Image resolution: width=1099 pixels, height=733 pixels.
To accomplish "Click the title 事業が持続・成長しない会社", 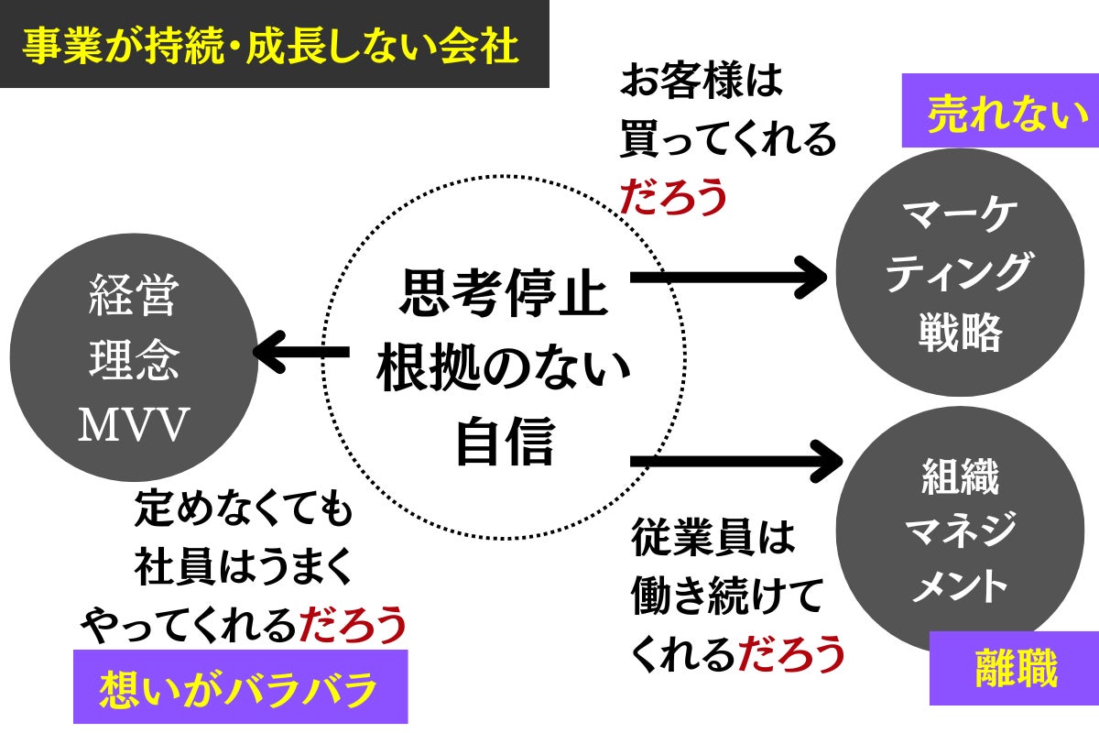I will [272, 47].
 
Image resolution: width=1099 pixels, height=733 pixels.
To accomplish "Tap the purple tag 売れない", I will [999, 118].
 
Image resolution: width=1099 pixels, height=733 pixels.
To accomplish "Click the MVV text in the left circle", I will [134, 425].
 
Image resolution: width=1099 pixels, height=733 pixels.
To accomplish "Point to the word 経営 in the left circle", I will [134, 298].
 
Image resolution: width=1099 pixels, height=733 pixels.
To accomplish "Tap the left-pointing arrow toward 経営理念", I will [300, 352].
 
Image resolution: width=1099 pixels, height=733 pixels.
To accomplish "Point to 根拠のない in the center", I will [504, 369].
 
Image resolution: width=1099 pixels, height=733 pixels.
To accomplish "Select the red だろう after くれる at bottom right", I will [789, 653].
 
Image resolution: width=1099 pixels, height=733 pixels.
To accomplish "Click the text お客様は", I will [702, 82].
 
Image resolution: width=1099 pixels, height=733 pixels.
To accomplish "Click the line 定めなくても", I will [243, 509].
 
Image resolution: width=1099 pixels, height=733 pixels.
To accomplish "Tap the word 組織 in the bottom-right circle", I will [959, 479].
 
